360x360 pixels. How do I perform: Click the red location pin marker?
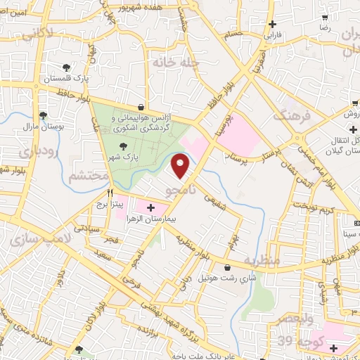(181, 166)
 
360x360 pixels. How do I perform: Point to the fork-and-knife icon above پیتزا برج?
(110, 191)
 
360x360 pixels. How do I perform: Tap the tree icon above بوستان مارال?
(44, 115)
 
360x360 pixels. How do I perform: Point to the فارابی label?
(271, 33)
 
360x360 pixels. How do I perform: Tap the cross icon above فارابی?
(272, 23)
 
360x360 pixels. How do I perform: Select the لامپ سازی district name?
(32, 240)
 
